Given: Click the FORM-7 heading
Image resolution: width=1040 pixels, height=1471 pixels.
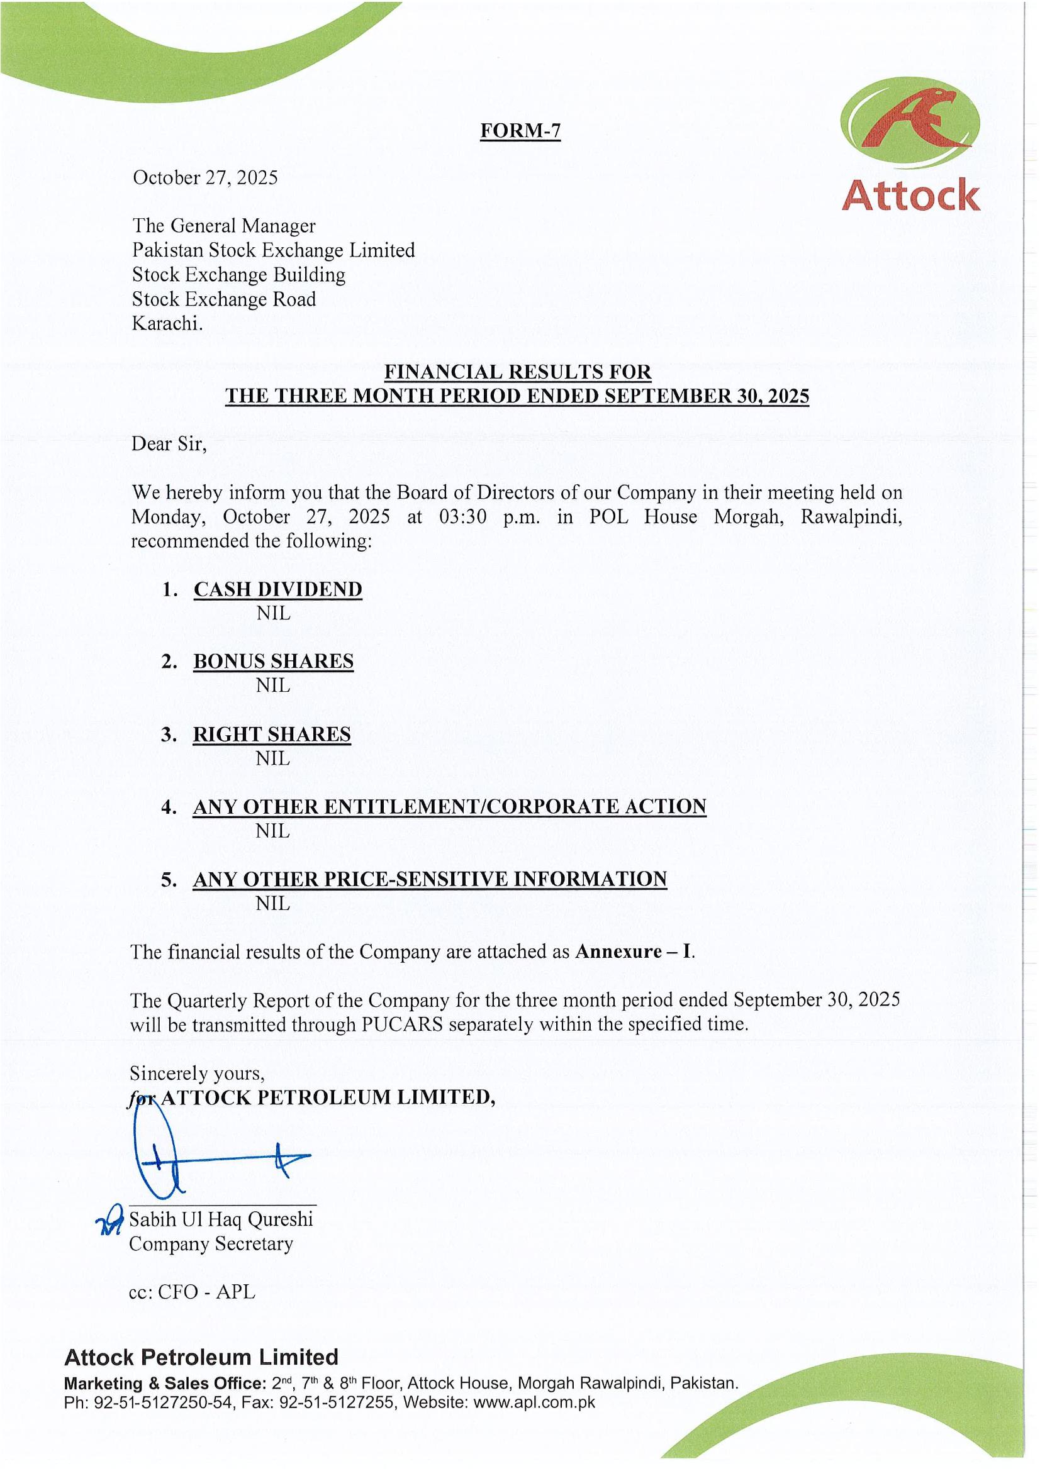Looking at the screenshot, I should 520,131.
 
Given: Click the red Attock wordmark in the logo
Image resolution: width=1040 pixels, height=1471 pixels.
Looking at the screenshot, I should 910,196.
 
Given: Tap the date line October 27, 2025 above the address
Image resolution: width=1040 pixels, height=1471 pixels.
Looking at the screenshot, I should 205,177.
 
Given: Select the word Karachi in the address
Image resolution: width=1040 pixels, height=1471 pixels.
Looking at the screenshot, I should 167,323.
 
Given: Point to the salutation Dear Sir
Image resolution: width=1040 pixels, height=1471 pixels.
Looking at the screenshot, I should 169,444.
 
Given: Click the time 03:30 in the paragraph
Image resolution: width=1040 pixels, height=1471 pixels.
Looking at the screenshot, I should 462,517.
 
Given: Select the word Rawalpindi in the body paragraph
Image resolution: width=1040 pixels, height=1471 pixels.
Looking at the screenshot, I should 851,517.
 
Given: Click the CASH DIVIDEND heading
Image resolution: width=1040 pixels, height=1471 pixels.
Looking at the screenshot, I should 277,589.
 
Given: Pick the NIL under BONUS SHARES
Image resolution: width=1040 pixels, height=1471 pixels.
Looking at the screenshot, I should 273,686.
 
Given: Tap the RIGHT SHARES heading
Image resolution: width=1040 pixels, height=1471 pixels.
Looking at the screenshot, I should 272,734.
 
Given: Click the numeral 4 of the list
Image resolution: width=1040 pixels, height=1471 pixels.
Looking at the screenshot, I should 169,807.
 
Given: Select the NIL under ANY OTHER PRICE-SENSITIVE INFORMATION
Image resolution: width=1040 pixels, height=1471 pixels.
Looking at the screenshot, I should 273,903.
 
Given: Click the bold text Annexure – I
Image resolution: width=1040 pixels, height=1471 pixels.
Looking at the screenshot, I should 634,952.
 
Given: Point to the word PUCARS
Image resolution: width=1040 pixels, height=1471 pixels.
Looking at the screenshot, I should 402,1024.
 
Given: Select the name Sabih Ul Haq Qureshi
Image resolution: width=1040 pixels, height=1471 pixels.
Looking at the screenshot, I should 221,1219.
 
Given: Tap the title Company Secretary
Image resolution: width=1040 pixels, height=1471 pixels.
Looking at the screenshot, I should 211,1243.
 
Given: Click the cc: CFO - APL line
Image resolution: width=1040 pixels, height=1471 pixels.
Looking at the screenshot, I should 192,1292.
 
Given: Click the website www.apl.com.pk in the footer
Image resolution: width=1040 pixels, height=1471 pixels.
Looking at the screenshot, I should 534,1402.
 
